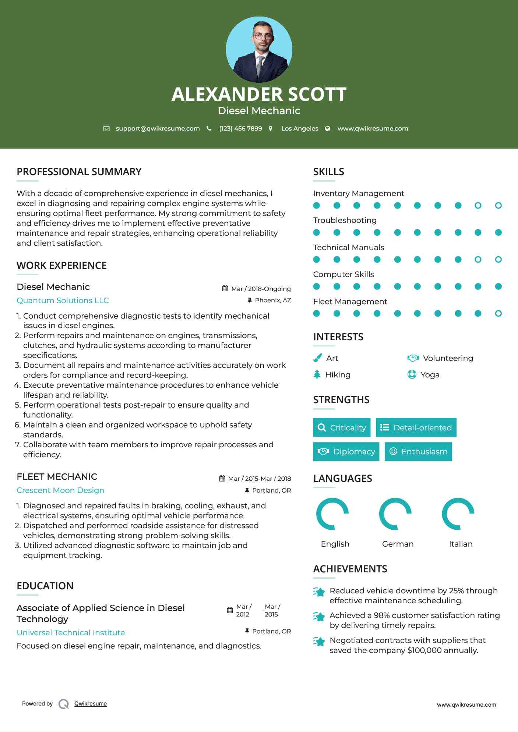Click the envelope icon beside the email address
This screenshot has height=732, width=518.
106,129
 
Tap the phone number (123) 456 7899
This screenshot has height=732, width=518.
240,129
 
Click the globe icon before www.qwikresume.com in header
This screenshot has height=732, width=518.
328,129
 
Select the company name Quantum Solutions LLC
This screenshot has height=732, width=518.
63,301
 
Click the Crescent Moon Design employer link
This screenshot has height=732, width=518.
60,490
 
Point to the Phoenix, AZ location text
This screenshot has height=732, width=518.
273,301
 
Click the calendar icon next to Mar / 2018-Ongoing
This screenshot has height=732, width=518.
225,289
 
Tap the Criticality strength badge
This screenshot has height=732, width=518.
342,427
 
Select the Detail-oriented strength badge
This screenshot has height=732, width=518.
416,427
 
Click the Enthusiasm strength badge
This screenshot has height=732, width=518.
418,452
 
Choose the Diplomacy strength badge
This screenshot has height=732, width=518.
346,452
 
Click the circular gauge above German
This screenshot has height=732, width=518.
395,514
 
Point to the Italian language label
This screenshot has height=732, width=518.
461,544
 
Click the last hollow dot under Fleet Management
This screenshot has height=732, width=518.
498,314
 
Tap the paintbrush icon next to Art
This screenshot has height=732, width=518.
317,358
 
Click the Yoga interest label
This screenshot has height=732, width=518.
430,375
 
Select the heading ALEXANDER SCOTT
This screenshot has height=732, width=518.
259,94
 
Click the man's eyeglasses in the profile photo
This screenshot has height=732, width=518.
263,36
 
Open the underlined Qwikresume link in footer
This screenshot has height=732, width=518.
91,704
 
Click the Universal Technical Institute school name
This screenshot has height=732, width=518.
71,633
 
